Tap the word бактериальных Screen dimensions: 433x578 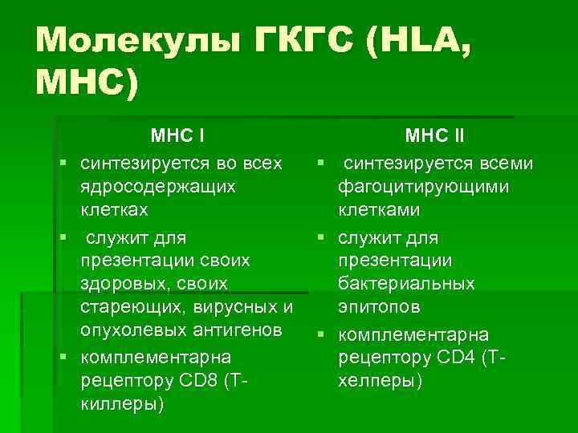click(x=406, y=284)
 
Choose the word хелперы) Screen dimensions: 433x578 click(x=381, y=381)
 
